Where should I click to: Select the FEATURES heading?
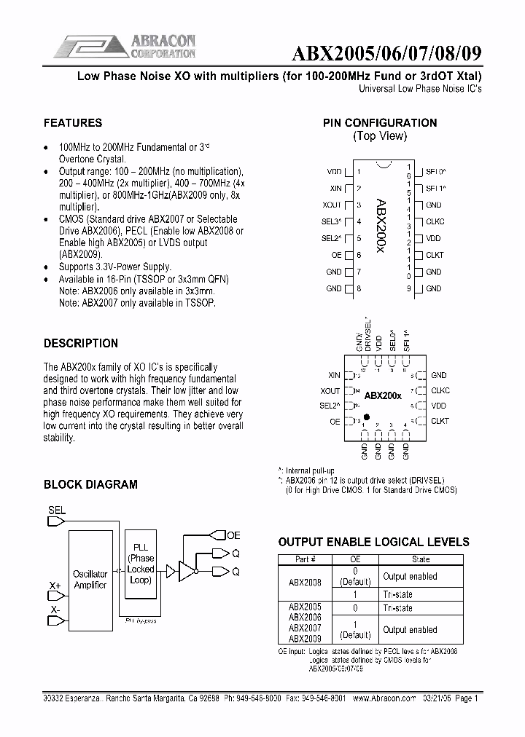pyautogui.click(x=73, y=123)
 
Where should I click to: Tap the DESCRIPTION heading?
pyautogui.click(x=81, y=343)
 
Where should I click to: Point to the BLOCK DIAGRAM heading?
pyautogui.click(x=90, y=484)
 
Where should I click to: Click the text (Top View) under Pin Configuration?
pyautogui.click(x=380, y=136)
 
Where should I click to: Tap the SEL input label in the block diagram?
pyautogui.click(x=56, y=511)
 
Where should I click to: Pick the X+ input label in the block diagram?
pyautogui.click(x=55, y=586)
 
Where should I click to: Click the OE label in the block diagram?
pyautogui.click(x=233, y=535)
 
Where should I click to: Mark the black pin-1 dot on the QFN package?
pyautogui.click(x=365, y=414)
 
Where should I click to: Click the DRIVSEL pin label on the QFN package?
pyautogui.click(x=368, y=334)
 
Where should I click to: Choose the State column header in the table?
pyautogui.click(x=421, y=559)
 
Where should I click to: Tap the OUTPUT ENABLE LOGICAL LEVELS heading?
pyautogui.click(x=374, y=542)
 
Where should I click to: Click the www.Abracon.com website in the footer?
pyautogui.click(x=383, y=698)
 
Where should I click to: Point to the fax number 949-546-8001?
pyautogui.click(x=322, y=698)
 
